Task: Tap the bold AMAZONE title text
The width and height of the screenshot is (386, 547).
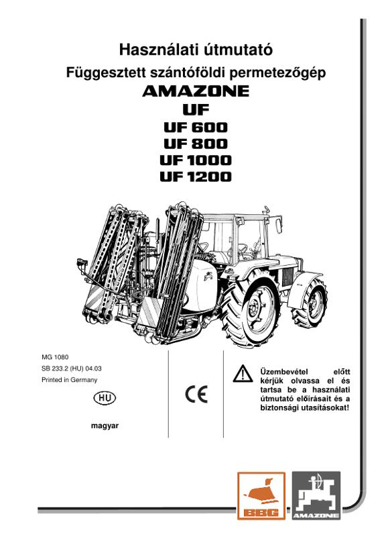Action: coord(196,91)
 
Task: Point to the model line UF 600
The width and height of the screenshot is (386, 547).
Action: coord(196,128)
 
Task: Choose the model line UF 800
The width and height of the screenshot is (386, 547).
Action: coord(196,144)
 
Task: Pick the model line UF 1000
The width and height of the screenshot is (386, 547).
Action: coord(196,160)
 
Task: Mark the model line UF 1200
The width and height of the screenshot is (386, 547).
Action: coord(196,177)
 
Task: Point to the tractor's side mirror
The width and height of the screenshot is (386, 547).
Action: coord(278,225)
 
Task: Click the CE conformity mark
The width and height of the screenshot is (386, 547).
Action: coord(196,394)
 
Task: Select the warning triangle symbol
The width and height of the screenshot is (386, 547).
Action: coord(243,373)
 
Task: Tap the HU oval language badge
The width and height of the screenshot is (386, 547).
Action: coord(105,398)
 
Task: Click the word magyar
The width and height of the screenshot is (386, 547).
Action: coord(105,426)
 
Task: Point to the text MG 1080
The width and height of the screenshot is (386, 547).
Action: coord(55,357)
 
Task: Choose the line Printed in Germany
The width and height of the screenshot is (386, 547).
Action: coord(69,380)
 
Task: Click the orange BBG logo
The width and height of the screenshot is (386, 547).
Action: coord(261,495)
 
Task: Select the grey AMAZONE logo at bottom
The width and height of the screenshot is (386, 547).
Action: coord(316,495)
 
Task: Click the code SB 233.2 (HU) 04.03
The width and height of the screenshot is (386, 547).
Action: coord(72,368)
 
